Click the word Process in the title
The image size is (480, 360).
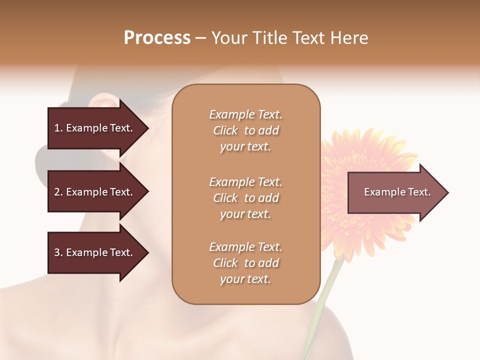pyautogui.click(x=157, y=38)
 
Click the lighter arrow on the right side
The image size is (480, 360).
pyautogui.click(x=395, y=192)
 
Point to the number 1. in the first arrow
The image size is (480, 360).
pyautogui.click(x=58, y=128)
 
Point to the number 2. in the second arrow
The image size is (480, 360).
pyautogui.click(x=58, y=192)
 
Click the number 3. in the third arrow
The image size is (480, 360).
pyautogui.click(x=58, y=252)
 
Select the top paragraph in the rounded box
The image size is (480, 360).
pyautogui.click(x=245, y=130)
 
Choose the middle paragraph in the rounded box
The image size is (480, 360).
pyautogui.click(x=245, y=198)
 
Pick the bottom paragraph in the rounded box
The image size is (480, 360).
pyautogui.click(x=245, y=263)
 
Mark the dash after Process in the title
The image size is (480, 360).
pyautogui.click(x=201, y=38)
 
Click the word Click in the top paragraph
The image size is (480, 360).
pyautogui.click(x=225, y=130)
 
